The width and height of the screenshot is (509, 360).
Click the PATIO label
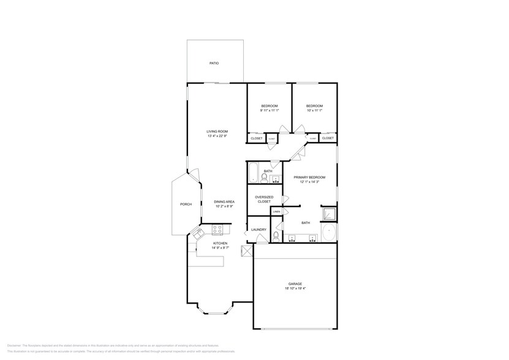point(214,63)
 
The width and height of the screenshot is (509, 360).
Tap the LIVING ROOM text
point(217,132)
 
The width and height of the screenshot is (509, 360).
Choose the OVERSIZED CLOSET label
point(264,199)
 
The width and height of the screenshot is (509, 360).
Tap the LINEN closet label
point(276,211)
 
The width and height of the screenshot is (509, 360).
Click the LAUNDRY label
point(258,230)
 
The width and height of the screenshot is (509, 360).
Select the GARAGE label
point(295,283)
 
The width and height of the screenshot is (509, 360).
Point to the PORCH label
point(186,204)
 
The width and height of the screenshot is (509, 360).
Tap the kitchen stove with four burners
point(217,230)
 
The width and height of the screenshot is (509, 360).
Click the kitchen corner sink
point(198,233)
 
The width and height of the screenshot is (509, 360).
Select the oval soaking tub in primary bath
point(328,233)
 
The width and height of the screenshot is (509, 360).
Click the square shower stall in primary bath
point(329,214)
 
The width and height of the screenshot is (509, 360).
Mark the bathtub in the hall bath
point(254,171)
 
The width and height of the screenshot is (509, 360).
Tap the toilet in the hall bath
point(265,178)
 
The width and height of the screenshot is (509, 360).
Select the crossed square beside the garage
point(247,251)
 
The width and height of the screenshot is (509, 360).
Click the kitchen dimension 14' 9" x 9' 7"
point(219,248)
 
